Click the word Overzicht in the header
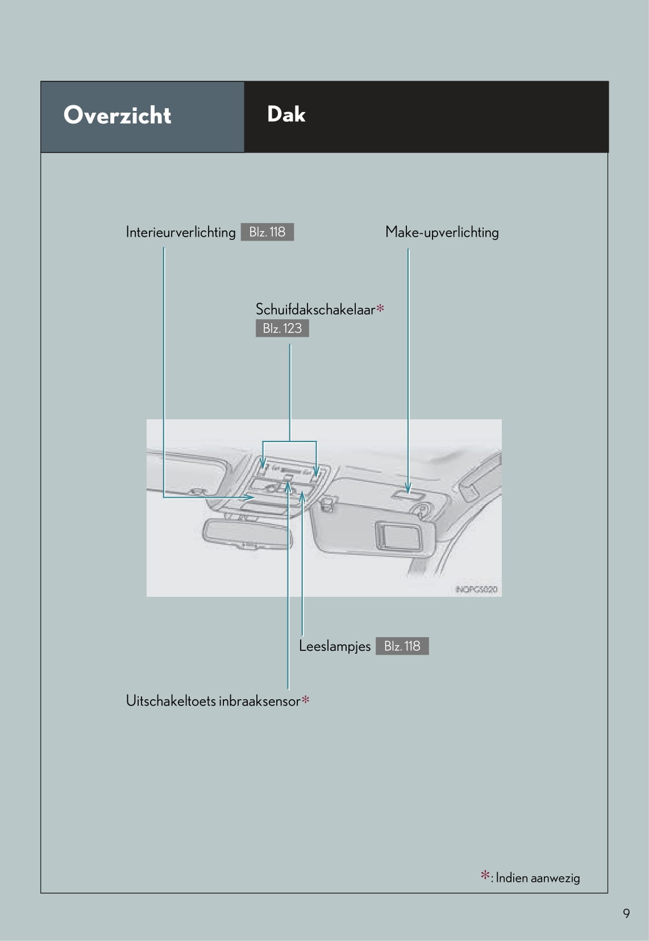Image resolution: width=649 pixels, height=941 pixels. coord(117,115)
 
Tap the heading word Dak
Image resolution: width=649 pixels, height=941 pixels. coord(286,114)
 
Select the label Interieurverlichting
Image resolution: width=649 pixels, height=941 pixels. coord(181,232)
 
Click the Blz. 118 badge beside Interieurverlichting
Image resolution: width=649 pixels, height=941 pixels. coord(267,232)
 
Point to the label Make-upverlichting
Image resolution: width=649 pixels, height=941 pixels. coord(442,232)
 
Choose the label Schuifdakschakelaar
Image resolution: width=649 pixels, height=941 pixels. coord(315,309)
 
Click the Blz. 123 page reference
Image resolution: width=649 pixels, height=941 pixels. coord(282,328)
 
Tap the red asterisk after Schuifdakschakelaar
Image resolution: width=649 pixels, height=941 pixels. coord(380,308)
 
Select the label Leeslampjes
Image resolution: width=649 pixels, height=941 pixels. coord(335,646)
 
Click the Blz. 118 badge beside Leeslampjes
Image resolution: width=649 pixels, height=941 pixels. coord(402,646)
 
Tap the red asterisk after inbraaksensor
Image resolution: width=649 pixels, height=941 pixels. coord(305,700)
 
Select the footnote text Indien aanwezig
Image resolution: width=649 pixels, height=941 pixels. coord(538,878)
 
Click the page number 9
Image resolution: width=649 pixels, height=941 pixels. coord(626,913)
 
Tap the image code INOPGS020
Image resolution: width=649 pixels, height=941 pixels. coord(476,589)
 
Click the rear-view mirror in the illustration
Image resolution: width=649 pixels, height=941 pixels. coord(249,534)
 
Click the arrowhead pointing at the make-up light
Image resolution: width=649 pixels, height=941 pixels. coord(408,489)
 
